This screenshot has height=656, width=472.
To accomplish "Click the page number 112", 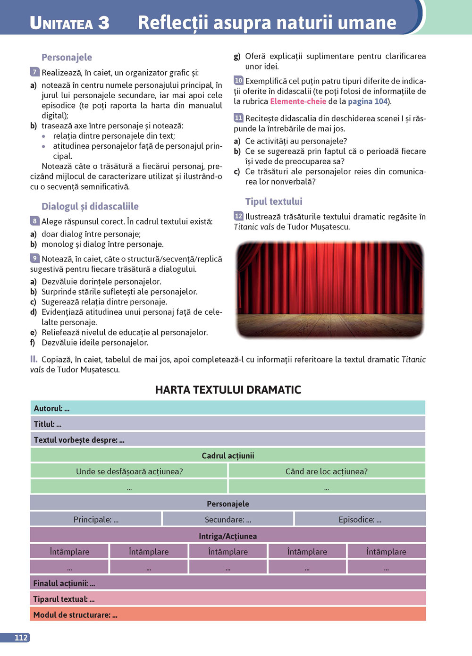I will [x=21, y=638].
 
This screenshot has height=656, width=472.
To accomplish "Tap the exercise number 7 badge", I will [x=34, y=72].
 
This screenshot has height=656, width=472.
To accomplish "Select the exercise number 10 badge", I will [x=238, y=80].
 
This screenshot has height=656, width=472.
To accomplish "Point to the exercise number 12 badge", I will [x=238, y=216].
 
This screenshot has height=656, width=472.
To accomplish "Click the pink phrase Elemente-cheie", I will [x=298, y=101].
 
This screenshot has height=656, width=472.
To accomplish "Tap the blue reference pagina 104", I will [x=368, y=101].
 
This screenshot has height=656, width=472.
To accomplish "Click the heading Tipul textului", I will [x=274, y=202].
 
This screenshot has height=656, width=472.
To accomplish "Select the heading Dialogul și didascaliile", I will [x=90, y=206].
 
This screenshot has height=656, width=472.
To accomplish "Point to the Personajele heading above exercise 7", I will [x=67, y=58].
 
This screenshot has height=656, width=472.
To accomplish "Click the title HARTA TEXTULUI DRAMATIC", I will [x=228, y=390].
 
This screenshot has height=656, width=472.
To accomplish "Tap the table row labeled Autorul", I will [x=228, y=408].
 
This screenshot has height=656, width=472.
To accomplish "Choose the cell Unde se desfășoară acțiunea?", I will [x=129, y=471].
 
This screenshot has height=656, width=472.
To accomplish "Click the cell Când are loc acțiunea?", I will [x=326, y=471].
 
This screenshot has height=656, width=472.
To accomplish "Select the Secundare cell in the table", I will [x=228, y=519].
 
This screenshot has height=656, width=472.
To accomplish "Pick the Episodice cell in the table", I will [x=360, y=519].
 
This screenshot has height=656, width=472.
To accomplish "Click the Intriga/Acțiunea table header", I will [x=228, y=536].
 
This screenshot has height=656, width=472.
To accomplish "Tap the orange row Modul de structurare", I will [x=228, y=614].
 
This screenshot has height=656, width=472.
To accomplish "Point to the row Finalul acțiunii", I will [x=228, y=583].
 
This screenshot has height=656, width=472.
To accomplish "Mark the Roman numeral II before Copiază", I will [x=34, y=359].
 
